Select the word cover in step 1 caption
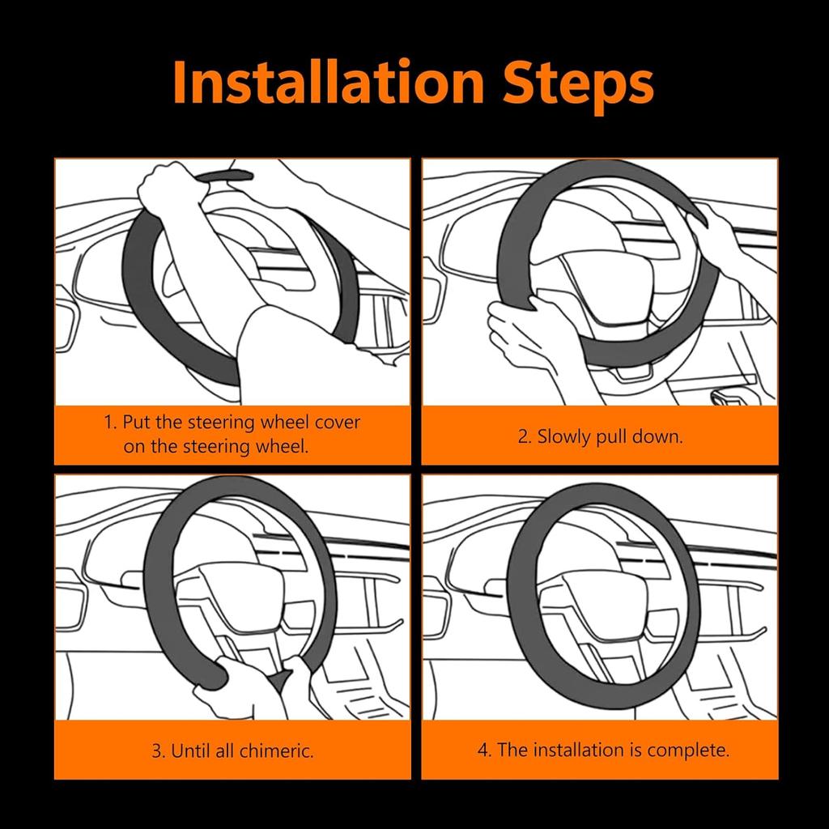point(337,423)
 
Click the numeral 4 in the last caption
point(483,750)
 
